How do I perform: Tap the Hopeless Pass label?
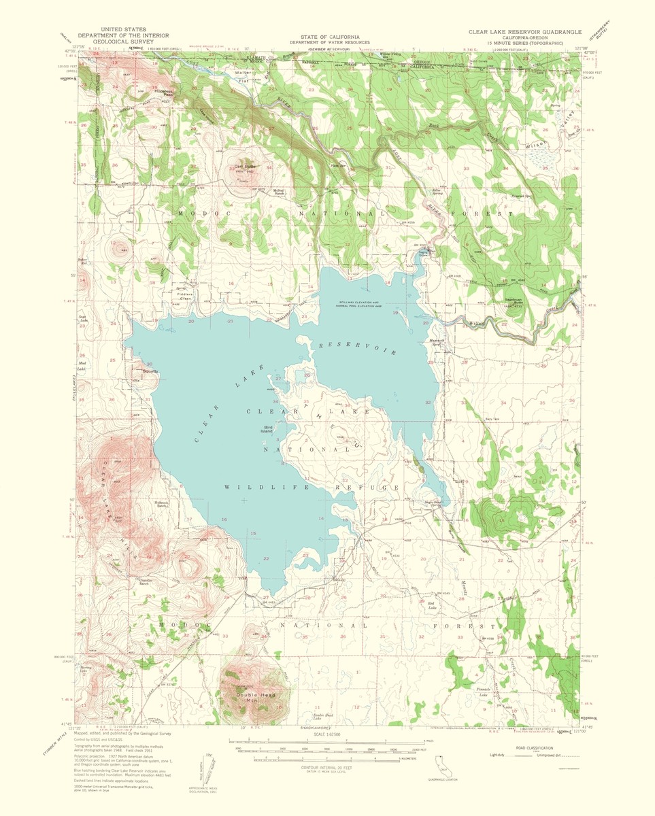coord(164,92)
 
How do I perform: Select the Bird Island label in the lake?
coord(272,430)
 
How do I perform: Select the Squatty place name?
coord(150,371)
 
